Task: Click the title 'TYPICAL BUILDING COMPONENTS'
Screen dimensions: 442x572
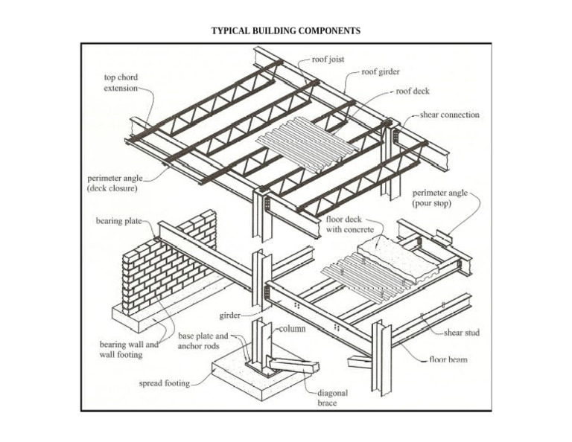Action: click(286, 31)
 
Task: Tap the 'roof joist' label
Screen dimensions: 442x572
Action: click(328, 60)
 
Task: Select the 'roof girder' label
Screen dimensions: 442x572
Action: click(381, 72)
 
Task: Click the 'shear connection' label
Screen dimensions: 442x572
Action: click(450, 115)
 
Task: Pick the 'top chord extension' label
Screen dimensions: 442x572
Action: click(121, 82)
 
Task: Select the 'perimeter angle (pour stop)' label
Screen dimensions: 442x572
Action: click(439, 197)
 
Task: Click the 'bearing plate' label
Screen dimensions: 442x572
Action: click(118, 221)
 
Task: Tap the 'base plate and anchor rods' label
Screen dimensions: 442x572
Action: click(203, 341)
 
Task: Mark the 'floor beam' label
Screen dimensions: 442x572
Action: click(448, 359)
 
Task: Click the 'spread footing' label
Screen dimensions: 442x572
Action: click(165, 384)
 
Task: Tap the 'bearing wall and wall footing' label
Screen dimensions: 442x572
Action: click(129, 350)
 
